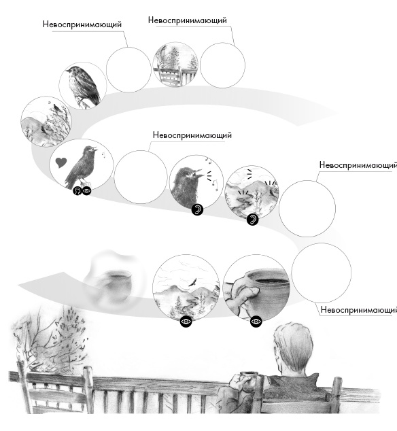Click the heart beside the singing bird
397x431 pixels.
[61, 162]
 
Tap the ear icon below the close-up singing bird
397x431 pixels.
[197, 209]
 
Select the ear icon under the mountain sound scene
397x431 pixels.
[252, 219]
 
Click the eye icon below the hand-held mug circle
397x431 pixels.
[256, 321]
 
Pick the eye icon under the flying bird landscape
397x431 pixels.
[186, 321]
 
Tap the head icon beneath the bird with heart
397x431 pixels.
[77, 190]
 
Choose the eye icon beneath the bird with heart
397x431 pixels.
[86, 190]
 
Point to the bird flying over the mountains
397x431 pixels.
[193, 282]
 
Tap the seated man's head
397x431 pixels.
[294, 347]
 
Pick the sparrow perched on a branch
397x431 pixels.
[82, 84]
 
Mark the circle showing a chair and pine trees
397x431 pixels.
[175, 65]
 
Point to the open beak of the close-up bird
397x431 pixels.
[199, 174]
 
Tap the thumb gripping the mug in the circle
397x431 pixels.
[249, 292]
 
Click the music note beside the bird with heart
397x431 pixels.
[103, 155]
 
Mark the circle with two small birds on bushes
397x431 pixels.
[46, 121]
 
